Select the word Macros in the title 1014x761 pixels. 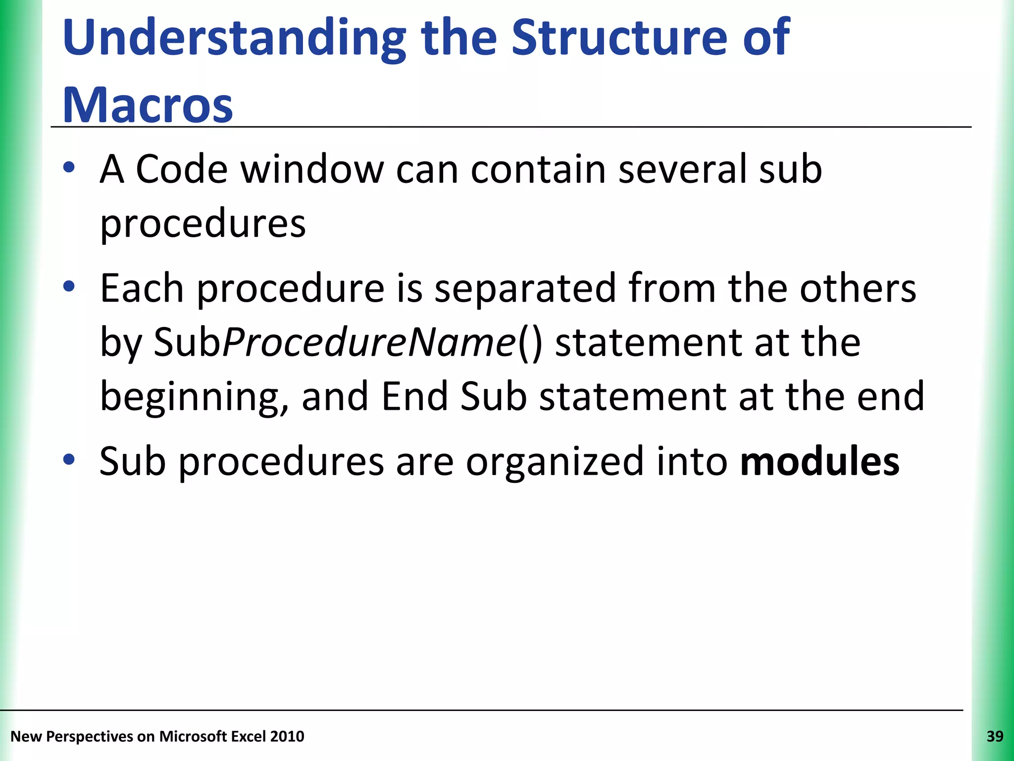coord(148,105)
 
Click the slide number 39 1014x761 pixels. coord(995,736)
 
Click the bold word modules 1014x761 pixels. coord(819,461)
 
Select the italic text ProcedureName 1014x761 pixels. coord(369,342)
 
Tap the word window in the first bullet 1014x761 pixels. coord(312,169)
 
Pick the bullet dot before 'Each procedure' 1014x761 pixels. coord(69,286)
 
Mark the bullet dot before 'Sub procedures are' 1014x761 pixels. coord(69,460)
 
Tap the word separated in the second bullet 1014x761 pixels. coord(525,288)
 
